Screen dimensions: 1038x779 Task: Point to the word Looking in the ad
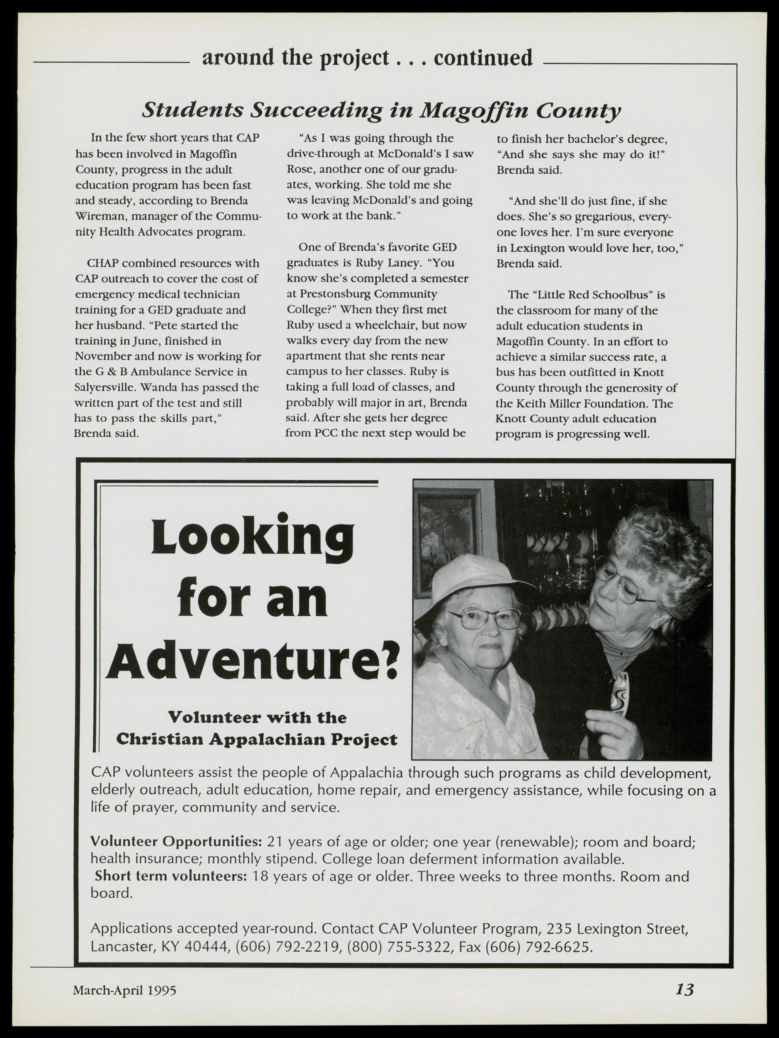pyautogui.click(x=252, y=539)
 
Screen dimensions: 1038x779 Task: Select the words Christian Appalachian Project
pyautogui.click(x=257, y=740)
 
